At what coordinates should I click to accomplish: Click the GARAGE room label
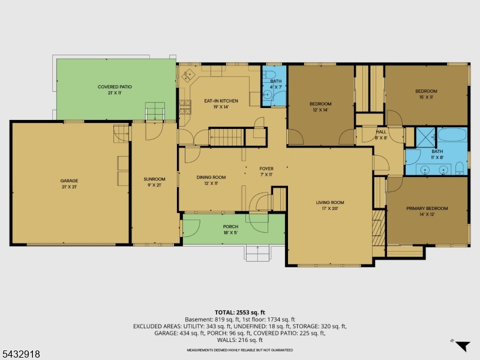coord(69,181)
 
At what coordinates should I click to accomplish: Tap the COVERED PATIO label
coord(115,86)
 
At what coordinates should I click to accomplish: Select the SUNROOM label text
coord(154,179)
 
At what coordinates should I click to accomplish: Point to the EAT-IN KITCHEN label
coord(221,101)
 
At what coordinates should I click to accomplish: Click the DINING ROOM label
coord(211,177)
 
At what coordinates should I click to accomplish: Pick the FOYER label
coord(266,169)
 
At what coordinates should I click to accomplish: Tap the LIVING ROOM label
coord(330,202)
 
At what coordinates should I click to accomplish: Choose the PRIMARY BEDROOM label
coord(427,208)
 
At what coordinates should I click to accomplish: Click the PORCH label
coord(230,227)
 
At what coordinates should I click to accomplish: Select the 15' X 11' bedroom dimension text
coord(426,97)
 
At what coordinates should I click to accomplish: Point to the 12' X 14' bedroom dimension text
coord(320,110)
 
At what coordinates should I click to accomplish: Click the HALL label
coord(381,132)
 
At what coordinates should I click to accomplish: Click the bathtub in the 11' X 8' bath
coord(452,134)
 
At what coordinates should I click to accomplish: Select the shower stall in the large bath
coord(425,137)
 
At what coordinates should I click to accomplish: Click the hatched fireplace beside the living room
coord(379,228)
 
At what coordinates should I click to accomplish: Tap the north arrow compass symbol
coord(462,346)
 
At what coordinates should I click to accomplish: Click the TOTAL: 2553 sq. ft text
coord(239,313)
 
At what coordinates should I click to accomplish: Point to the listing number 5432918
coord(20,354)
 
